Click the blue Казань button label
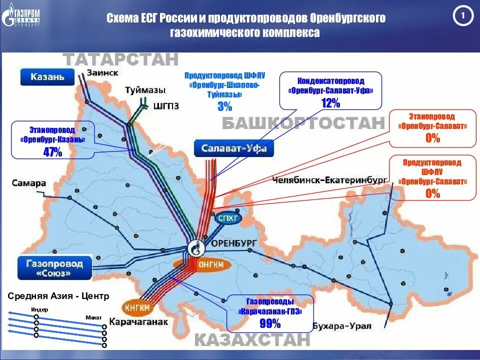[47, 77]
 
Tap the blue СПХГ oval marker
[228, 219]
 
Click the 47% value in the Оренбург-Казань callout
[52, 152]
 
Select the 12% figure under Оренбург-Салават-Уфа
[330, 103]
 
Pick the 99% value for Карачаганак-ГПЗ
[270, 323]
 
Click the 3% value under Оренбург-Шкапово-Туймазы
[224, 106]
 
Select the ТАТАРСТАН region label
[121, 59]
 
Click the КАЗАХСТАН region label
[252, 340]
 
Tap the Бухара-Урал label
[342, 326]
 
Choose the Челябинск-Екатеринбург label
[330, 179]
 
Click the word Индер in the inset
[39, 309]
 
